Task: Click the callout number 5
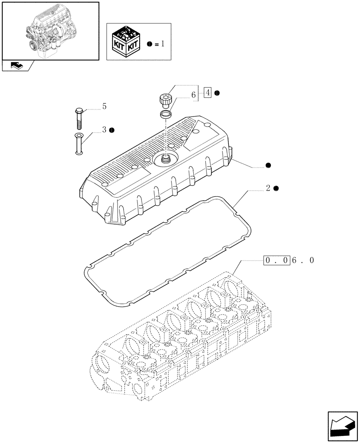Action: (104, 106)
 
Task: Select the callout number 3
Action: (104, 130)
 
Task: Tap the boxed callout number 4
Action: (207, 93)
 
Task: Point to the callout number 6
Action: (193, 94)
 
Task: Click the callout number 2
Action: (268, 188)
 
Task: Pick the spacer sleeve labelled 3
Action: (78, 144)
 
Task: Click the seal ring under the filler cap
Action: (166, 115)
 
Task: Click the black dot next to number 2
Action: (276, 188)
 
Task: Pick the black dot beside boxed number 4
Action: (217, 93)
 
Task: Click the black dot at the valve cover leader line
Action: (268, 165)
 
